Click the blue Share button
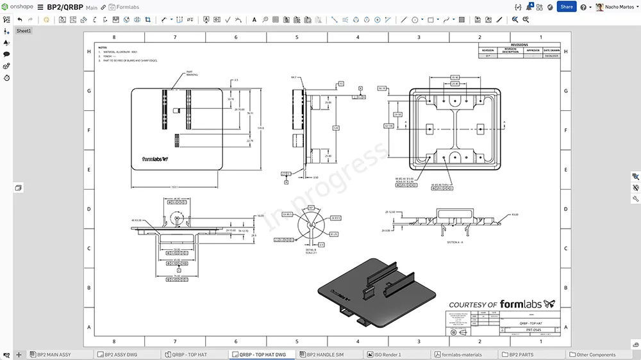click(566, 6)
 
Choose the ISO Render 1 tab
click(388, 354)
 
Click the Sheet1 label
click(24, 31)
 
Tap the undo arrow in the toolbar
click(20, 19)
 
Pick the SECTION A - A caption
click(456, 242)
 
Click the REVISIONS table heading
click(519, 45)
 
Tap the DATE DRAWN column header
click(551, 50)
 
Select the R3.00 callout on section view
click(515, 214)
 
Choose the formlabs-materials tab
click(462, 354)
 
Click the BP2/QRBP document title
click(65, 6)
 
